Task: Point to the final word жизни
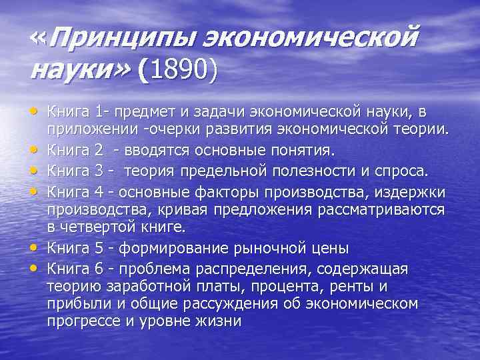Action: click(220, 320)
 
